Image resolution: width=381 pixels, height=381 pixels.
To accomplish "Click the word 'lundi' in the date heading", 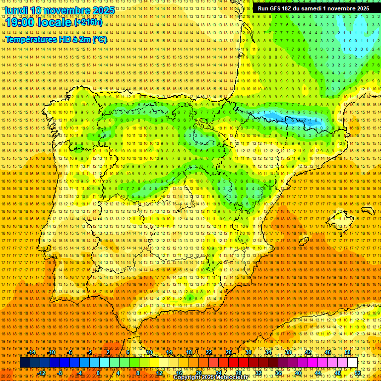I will click(16, 10).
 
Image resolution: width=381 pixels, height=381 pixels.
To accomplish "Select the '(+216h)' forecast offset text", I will click(88, 22).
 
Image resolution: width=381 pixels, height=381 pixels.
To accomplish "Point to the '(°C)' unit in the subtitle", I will click(99, 39).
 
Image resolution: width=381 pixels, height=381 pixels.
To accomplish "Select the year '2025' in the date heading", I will click(103, 10).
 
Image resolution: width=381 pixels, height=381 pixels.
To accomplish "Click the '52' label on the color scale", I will click(358, 373).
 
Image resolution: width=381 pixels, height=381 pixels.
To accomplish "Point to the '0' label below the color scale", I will click(99, 373).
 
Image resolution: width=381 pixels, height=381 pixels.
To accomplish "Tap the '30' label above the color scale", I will click(248, 352).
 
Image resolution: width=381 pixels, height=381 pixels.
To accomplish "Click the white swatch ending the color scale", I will click(352, 363).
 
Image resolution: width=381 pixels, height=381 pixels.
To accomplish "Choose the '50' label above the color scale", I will click(348, 352).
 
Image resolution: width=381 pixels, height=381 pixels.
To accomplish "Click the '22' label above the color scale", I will click(208, 352).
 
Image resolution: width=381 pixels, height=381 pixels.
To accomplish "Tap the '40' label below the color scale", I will click(298, 373).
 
